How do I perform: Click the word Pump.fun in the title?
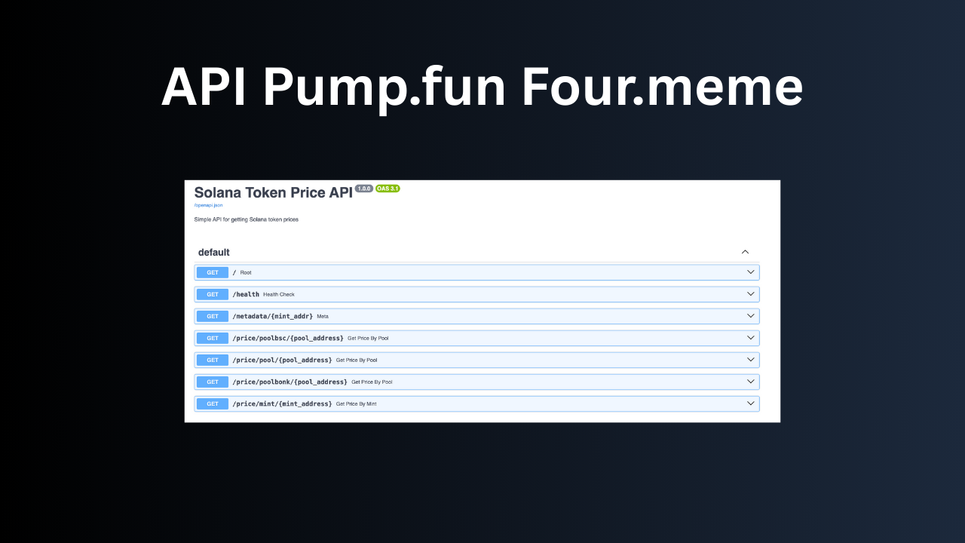tap(384, 87)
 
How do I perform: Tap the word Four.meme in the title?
tap(662, 87)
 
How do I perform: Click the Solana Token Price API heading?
tap(273, 193)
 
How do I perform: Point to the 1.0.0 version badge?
tap(364, 189)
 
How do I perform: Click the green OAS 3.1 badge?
tap(388, 189)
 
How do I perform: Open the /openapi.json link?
tap(208, 205)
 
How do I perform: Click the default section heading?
tap(214, 253)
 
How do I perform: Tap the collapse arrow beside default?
tap(745, 253)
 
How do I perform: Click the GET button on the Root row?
tap(213, 272)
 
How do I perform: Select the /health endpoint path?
tap(246, 294)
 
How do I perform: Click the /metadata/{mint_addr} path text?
tap(272, 316)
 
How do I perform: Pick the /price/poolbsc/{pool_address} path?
tap(288, 338)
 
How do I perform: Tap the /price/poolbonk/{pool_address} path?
tap(289, 382)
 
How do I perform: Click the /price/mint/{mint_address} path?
tap(282, 403)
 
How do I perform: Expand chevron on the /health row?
tap(750, 294)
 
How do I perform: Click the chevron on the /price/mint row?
tap(750, 403)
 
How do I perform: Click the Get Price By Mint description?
tap(356, 404)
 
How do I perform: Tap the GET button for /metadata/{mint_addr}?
tap(213, 316)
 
